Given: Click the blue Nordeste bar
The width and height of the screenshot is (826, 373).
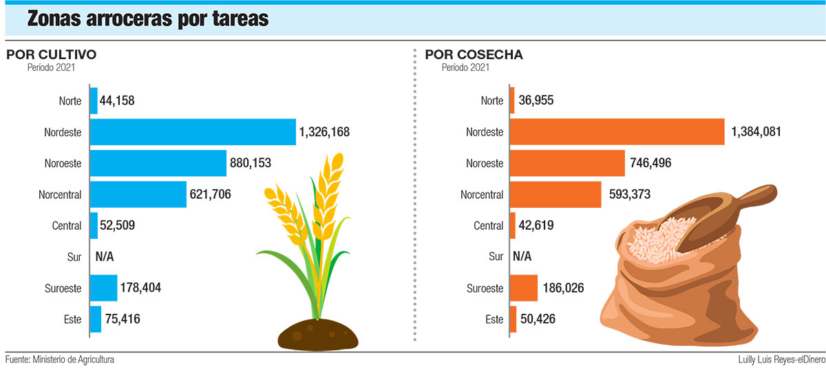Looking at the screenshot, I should tap(193, 132).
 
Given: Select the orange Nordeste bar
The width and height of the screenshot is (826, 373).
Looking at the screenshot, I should tap(617, 132).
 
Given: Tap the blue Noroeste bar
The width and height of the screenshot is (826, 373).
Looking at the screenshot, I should tap(158, 163).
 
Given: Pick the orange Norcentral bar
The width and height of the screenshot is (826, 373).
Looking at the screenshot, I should tap(556, 195).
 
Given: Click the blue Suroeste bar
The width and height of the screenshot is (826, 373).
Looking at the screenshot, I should tap(104, 288).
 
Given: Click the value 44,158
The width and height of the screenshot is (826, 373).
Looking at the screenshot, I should tap(117, 101).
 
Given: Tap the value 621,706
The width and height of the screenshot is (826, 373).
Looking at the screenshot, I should tap(210, 195).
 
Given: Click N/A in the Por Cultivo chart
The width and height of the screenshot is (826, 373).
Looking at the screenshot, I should tap(105, 257).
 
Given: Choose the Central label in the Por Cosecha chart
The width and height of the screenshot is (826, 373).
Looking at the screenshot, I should tap(489, 226).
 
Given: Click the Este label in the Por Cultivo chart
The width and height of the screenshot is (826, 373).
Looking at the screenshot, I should tap(72, 319).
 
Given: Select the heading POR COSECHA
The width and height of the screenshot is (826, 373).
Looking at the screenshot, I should tap(474, 54).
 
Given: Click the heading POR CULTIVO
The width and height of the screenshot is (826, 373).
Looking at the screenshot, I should tap(51, 54).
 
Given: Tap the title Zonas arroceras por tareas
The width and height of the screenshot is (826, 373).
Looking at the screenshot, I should tap(147, 19).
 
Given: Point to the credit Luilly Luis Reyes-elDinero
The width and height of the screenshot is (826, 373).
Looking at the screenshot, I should tap(776, 360).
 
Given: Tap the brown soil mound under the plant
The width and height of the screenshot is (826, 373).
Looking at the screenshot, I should tap(319, 334).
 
